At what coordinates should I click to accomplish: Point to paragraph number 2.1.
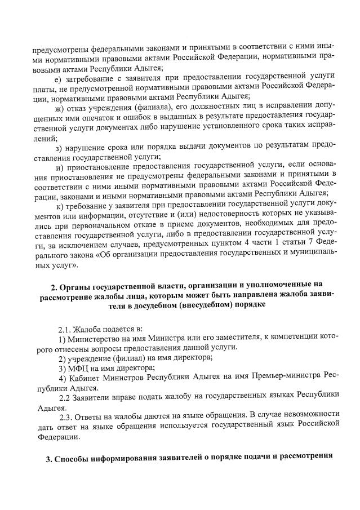pos(66,329)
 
